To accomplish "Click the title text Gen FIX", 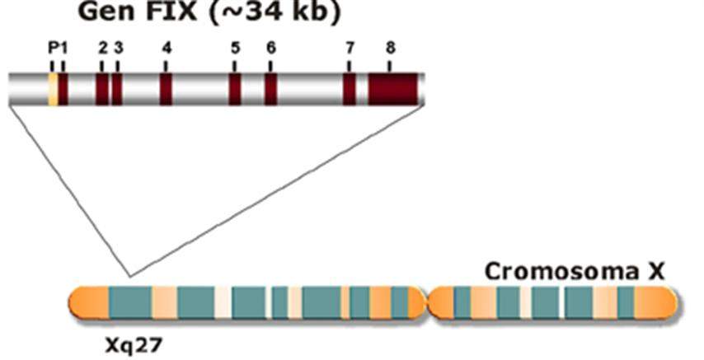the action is pos(138,12).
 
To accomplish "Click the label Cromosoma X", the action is pos(575,272).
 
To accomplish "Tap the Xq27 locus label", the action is pos(134,346).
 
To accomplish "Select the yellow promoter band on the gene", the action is pos(53,89).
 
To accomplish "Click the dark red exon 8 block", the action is pos(393,89).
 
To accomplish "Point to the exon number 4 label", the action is pos(167,48).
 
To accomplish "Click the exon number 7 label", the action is pos(350,48).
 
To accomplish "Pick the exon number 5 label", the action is pos(235,48).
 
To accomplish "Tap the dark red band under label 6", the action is pos(270,89).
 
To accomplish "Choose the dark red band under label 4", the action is pos(167,89).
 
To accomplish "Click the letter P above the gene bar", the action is pos(53,48).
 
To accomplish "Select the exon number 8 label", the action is pos(390,48).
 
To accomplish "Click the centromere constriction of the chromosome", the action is pos(428,303).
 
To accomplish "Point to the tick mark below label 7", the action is pos(350,66).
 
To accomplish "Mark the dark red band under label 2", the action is pos(102,89).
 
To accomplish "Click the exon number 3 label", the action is pos(118,48).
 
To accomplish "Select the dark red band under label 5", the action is pos(235,89).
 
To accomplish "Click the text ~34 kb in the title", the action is pos(275,12).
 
